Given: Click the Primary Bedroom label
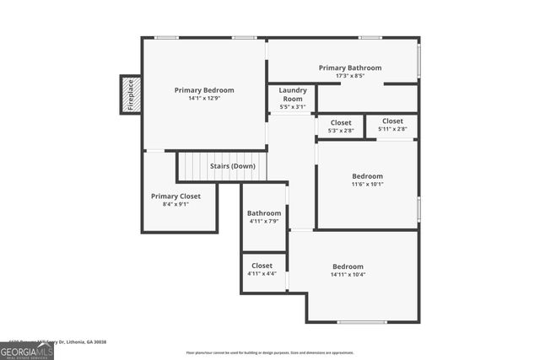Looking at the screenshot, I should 204,89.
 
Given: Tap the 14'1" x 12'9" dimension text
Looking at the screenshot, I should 204,98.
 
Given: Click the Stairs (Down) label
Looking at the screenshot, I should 233,166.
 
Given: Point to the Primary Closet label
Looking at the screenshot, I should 170,196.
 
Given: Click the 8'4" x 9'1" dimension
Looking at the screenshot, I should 170,204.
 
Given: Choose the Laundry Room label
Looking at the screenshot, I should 292,94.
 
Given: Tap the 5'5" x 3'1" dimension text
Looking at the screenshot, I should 292,106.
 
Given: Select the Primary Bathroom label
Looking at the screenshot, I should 349,67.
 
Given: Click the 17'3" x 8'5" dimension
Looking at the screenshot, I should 349,76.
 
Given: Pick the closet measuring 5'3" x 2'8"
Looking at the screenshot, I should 341,126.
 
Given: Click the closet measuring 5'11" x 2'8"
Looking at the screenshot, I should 391,125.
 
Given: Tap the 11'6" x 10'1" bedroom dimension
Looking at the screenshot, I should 367,184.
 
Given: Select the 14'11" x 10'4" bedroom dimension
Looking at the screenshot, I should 348,274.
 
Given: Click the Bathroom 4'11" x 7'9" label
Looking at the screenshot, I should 264,217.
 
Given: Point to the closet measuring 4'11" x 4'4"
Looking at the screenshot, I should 262,269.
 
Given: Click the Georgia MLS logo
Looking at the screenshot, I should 26,352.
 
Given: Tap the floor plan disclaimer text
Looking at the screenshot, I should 270,352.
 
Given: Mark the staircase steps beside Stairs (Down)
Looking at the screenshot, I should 192,166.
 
